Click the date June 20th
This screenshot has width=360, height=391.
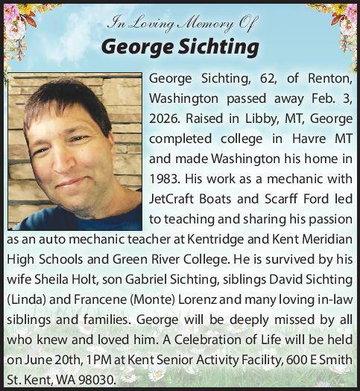click(45, 359)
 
